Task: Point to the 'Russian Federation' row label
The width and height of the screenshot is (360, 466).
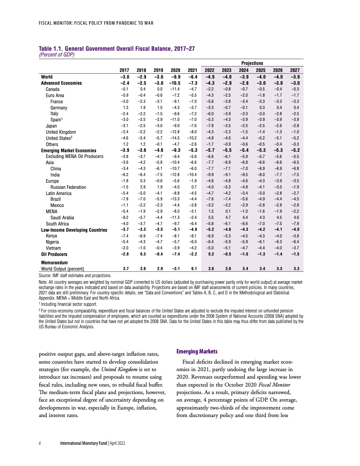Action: (x=68, y=187)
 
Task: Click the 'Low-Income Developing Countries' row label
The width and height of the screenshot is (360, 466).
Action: (x=74, y=230)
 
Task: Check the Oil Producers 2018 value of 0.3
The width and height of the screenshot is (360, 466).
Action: (x=142, y=255)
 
